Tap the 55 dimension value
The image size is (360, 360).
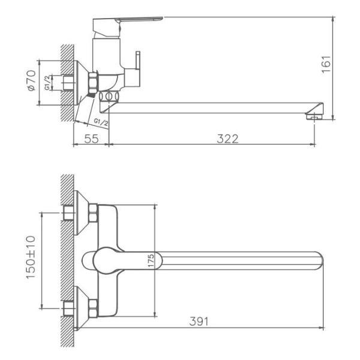tap(91, 139)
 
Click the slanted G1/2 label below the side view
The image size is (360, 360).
tap(101, 122)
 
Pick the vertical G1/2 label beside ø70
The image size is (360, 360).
tap(48, 83)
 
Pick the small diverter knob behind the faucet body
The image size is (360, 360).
tap(139, 62)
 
